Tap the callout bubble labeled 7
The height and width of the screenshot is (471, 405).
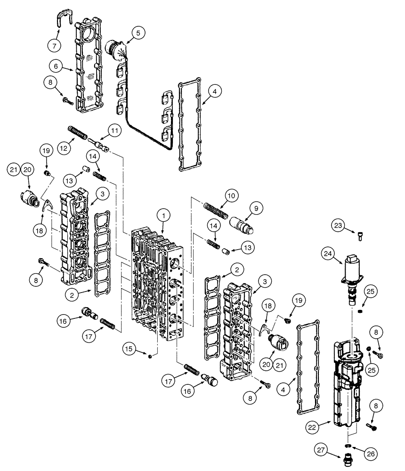(x=55, y=46)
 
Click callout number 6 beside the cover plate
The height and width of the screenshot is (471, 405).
(x=56, y=67)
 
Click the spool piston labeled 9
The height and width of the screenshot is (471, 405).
(x=243, y=224)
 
